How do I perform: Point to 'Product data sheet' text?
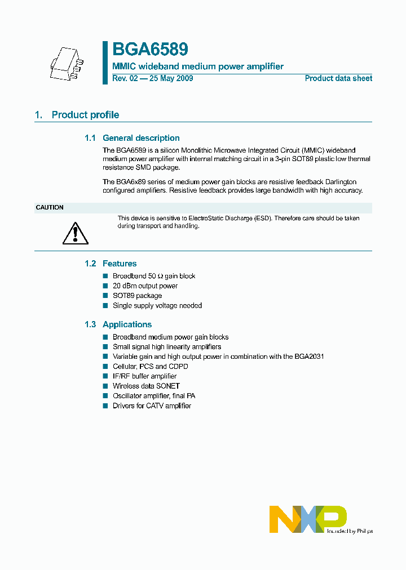(338, 78)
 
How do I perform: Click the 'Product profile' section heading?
(85, 115)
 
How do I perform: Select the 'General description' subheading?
(141, 138)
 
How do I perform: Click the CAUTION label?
(50, 207)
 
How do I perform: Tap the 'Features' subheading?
(120, 264)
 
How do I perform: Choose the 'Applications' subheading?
(127, 324)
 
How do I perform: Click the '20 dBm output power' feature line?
(145, 286)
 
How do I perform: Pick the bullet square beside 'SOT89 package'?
(105, 296)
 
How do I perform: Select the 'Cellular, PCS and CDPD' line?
(151, 367)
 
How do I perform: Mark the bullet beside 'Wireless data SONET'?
(105, 386)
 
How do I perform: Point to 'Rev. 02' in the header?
(125, 78)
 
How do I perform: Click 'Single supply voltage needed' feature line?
(157, 306)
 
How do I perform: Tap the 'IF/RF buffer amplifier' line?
(144, 376)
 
